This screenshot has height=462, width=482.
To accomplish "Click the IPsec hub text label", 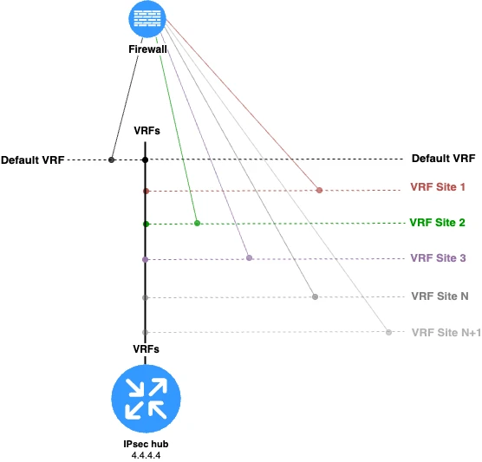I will coord(146,443).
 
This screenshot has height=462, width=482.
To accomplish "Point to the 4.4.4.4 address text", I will coord(146,454).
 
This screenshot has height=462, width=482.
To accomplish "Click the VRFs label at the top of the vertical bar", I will coord(146,130).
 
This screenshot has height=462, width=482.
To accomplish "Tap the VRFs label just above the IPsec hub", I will coord(146,348).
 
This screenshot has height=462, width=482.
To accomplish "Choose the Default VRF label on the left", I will coord(32,160).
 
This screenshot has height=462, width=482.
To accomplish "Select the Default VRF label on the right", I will coord(443,159).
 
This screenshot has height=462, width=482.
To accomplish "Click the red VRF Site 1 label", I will coord(438,186).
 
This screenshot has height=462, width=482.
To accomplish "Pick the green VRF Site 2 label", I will coord(438,222).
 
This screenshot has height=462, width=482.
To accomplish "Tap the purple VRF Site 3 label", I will coord(438,257).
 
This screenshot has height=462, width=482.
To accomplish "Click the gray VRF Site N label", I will coord(440,296).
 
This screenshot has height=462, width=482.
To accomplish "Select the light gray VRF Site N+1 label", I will coord(445,332).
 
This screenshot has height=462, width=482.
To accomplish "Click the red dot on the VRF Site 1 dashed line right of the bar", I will coord(319,190).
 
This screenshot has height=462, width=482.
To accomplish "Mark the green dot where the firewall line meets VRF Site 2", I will coord(198,224).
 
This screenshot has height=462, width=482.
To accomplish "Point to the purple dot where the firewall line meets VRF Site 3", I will coord(249,257).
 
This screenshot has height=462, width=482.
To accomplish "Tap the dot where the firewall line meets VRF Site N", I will coord(315,296).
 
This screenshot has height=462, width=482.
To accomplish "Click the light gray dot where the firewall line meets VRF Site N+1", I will coord(388,332).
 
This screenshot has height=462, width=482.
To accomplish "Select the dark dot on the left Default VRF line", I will coord(112,159).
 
